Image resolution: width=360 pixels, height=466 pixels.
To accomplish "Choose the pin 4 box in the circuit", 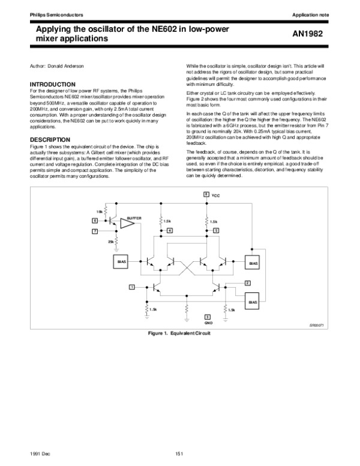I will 170,231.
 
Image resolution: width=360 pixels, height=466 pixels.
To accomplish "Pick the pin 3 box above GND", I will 207,316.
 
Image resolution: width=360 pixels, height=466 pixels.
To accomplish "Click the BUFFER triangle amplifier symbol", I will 128,223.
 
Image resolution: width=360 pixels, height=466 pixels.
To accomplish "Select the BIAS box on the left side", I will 122,262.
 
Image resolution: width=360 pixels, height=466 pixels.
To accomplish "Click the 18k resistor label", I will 99,211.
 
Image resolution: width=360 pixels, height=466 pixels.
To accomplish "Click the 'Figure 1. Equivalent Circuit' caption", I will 179,332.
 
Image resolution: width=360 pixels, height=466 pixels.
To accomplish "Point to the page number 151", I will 179,452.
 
